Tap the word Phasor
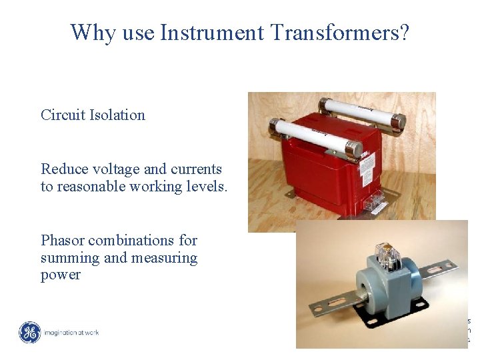coord(63,240)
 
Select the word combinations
coord(143,240)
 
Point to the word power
coord(60,275)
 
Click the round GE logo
coord(29,332)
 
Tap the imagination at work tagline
coord(71,332)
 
